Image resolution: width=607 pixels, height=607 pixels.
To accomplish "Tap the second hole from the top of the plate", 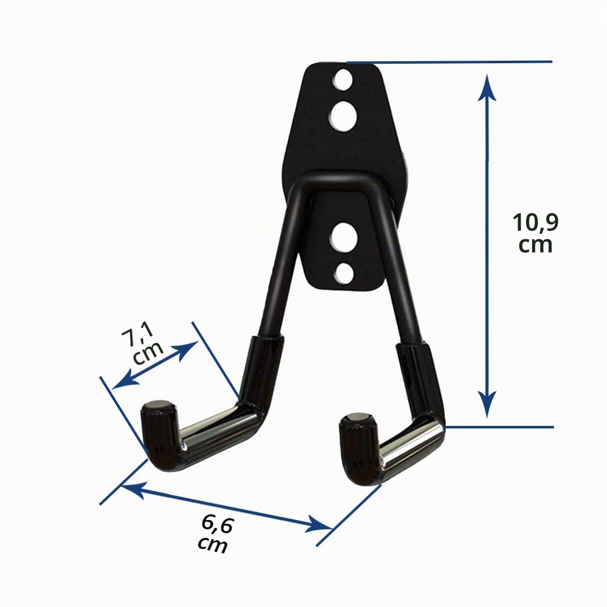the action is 343,117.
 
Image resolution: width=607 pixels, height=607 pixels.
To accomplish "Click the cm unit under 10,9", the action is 535,246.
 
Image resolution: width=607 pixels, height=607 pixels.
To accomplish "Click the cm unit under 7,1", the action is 148,355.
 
